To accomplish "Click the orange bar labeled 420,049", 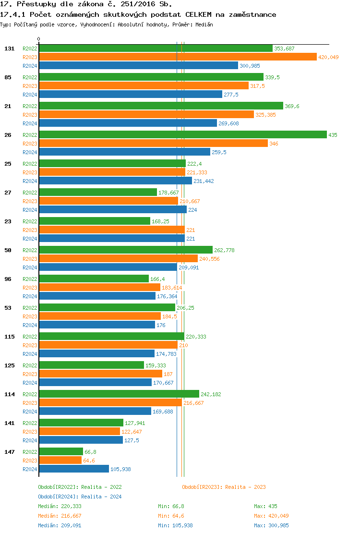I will pyautogui.click(x=178, y=57).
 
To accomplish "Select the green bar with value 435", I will pyautogui.click(x=182, y=135).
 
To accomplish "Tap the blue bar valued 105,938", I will pyautogui.click(x=73, y=469).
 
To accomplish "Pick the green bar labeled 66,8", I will pyautogui.click(x=60, y=452).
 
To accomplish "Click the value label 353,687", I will pyautogui.click(x=284, y=49).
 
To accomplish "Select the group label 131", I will pyautogui.click(x=9, y=49).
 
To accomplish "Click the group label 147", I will pyautogui.click(x=9, y=452).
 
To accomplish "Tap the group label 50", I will pyautogui.click(x=8, y=250).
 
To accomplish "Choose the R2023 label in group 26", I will pyautogui.click(x=30, y=144).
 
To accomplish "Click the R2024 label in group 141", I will pyautogui.click(x=30, y=440).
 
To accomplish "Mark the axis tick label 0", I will pyautogui.click(x=39, y=39).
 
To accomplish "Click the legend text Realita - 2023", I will pyautogui.click(x=245, y=487).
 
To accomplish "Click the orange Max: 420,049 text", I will pyautogui.click(x=272, y=516).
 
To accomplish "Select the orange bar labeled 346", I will pyautogui.click(x=153, y=144).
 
